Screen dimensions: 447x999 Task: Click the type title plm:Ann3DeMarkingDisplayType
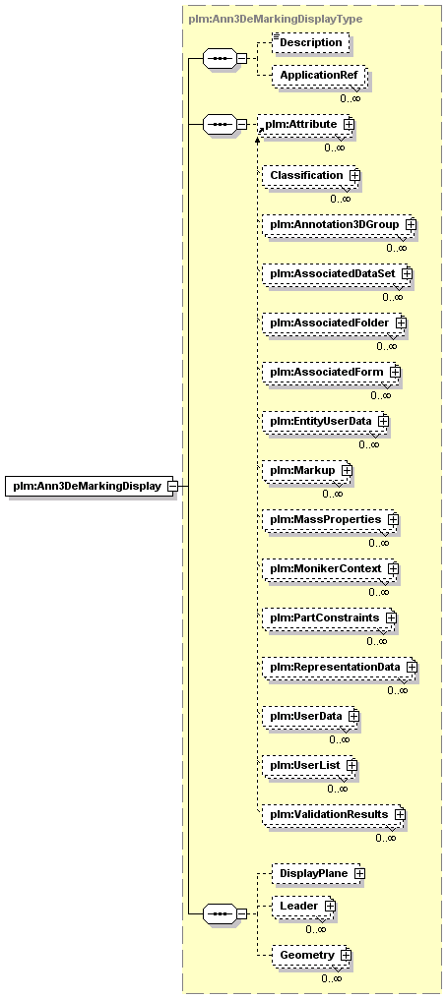point(276,19)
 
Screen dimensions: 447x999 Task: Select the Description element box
point(310,42)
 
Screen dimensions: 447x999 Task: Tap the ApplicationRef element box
point(318,75)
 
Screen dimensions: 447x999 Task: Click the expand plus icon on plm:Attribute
point(349,124)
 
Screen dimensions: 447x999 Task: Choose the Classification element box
point(309,175)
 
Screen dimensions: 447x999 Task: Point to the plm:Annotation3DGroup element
point(338,224)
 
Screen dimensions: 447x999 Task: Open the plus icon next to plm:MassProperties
point(394,519)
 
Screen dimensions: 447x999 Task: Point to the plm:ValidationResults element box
point(332,814)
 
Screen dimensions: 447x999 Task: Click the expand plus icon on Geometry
point(346,955)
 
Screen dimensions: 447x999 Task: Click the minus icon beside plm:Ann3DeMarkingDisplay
point(171,486)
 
